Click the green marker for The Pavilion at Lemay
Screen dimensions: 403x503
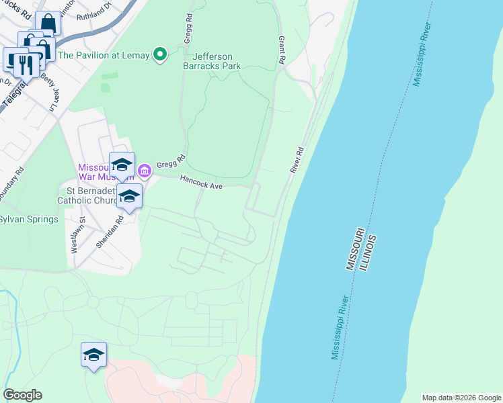coord(160,55)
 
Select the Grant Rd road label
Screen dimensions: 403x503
coord(282,51)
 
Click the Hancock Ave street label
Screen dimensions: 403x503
coord(201,181)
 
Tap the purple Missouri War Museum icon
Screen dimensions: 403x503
coord(145,172)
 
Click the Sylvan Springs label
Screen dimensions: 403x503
coord(28,219)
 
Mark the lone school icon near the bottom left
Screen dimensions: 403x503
coord(93,355)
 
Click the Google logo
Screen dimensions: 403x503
coord(22,395)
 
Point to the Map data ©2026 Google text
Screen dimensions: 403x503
coord(461,398)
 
